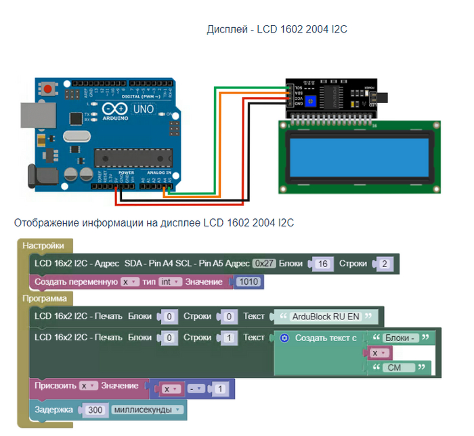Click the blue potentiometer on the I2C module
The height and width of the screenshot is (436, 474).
[311, 101]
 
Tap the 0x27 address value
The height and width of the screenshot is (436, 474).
[263, 263]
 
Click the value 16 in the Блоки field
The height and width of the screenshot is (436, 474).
[322, 263]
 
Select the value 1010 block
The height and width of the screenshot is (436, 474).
[249, 281]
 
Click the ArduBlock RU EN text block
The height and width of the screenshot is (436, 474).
[324, 317]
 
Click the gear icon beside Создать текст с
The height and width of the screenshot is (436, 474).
[285, 338]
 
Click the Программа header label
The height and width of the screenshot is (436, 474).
[44, 298]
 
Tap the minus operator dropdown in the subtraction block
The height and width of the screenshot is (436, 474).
[196, 389]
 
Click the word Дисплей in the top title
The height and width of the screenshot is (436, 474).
[228, 30]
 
